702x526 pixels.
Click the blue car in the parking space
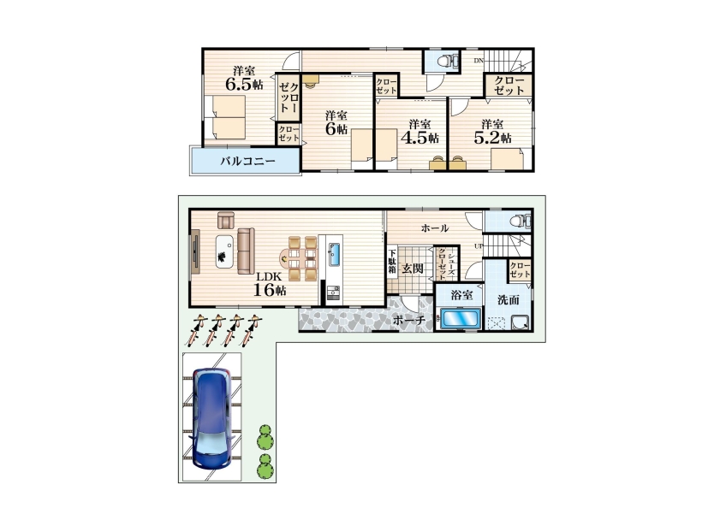click(x=212, y=418)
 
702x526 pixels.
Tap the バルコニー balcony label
click(x=247, y=161)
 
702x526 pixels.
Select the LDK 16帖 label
click(x=270, y=284)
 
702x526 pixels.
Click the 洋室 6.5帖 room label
click(x=244, y=78)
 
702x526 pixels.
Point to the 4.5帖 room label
click(x=419, y=132)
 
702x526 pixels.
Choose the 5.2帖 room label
click(x=492, y=132)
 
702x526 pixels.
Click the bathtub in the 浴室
click(x=461, y=319)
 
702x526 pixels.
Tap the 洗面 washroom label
click(x=509, y=299)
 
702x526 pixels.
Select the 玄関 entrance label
click(x=412, y=269)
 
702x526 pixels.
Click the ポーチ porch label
click(x=408, y=320)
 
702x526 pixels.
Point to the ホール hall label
click(x=435, y=228)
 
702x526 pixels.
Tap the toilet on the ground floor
click(x=520, y=221)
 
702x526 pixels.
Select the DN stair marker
click(x=479, y=61)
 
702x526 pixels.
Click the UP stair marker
click(x=479, y=246)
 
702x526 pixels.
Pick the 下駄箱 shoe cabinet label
click(x=392, y=261)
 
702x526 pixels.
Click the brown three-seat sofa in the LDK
click(x=246, y=251)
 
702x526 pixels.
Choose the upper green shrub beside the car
click(x=265, y=437)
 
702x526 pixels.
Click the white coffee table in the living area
click(x=224, y=251)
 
